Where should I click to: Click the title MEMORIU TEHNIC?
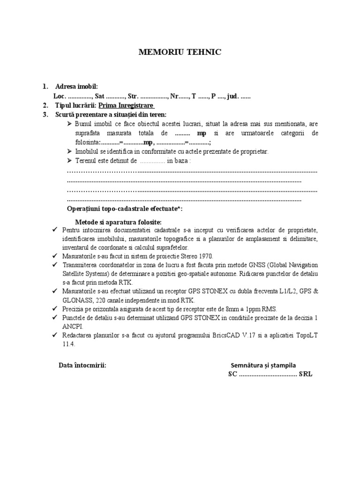[x=180, y=52]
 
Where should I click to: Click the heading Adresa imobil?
[x=76, y=87]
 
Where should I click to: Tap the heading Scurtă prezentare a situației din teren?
[x=111, y=114]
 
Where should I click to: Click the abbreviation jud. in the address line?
[x=232, y=96]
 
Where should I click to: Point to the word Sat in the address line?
[x=99, y=96]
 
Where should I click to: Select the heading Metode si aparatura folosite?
[x=119, y=221]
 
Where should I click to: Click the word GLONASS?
[x=78, y=300]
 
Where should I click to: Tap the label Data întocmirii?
[x=82, y=365]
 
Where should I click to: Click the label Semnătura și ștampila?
[x=263, y=365]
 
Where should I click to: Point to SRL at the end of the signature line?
[x=306, y=375]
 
